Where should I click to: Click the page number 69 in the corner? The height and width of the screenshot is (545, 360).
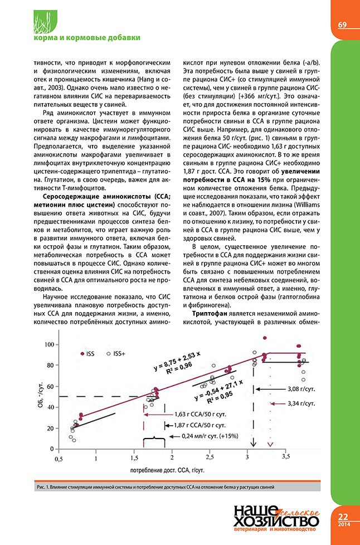(x=342, y=25)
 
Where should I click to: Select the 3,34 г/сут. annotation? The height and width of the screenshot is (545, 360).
(x=301, y=402)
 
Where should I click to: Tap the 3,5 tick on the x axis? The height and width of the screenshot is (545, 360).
(x=286, y=456)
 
